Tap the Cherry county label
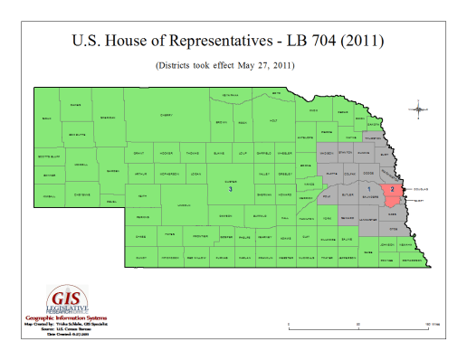click(x=167, y=115)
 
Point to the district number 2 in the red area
click(x=392, y=192)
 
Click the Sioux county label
click(x=47, y=118)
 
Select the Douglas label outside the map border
click(x=419, y=189)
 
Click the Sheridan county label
click(x=108, y=118)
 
